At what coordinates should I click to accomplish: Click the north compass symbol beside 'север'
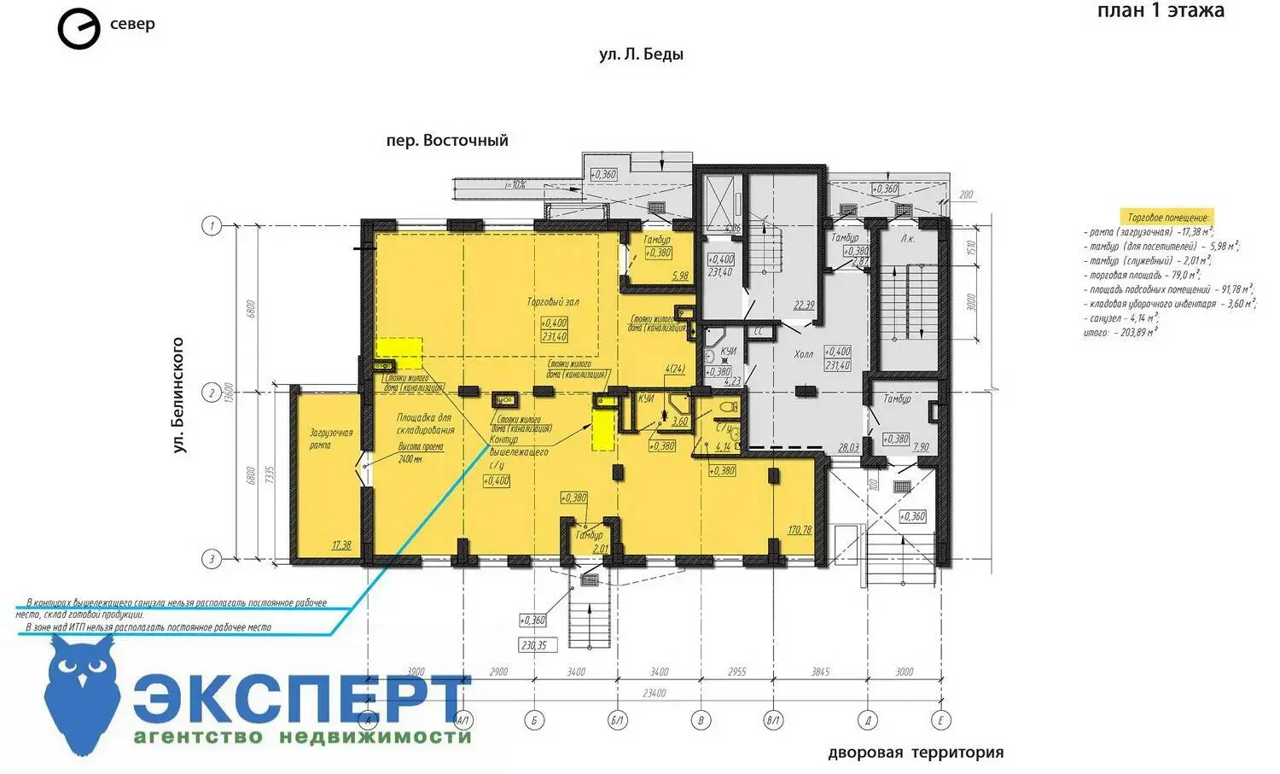pos(78,30)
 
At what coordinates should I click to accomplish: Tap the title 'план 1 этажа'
pos(1160,11)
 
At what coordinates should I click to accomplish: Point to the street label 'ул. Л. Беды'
pos(641,55)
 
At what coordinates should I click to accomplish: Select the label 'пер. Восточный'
pos(446,140)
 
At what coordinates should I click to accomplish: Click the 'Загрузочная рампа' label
pos(319,439)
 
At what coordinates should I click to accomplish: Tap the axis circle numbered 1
pos(211,226)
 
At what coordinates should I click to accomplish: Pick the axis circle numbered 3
pos(211,559)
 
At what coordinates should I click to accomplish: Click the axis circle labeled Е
pos(940,720)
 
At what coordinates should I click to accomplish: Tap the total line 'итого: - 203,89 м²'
pos(1120,331)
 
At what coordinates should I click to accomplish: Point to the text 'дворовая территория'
pos(915,753)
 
